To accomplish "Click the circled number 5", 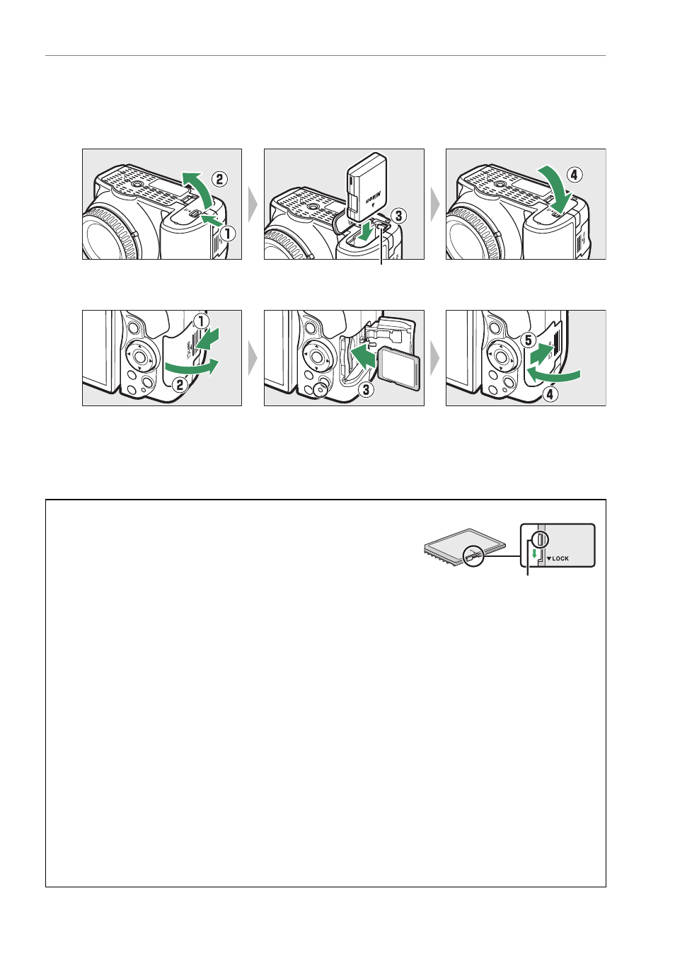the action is pyautogui.click(x=529, y=340).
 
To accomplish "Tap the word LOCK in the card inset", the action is pyautogui.click(x=560, y=558).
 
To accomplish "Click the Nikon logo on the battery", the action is pyautogui.click(x=371, y=198).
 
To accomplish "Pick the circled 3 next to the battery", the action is pyautogui.click(x=398, y=216).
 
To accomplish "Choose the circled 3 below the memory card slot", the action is pyautogui.click(x=366, y=389).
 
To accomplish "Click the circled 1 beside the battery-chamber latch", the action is pyautogui.click(x=228, y=233).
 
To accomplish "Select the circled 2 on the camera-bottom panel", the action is pyautogui.click(x=219, y=178).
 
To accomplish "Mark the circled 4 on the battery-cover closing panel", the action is pyautogui.click(x=575, y=175).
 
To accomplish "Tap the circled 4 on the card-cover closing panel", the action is pyautogui.click(x=550, y=394).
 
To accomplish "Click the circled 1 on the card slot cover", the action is pyautogui.click(x=201, y=321).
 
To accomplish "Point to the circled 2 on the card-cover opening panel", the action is pyautogui.click(x=180, y=386).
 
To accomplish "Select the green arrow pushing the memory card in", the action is pyautogui.click(x=362, y=357).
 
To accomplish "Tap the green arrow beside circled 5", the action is pyautogui.click(x=542, y=354).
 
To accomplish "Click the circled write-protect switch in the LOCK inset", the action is pyautogui.click(x=540, y=540).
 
